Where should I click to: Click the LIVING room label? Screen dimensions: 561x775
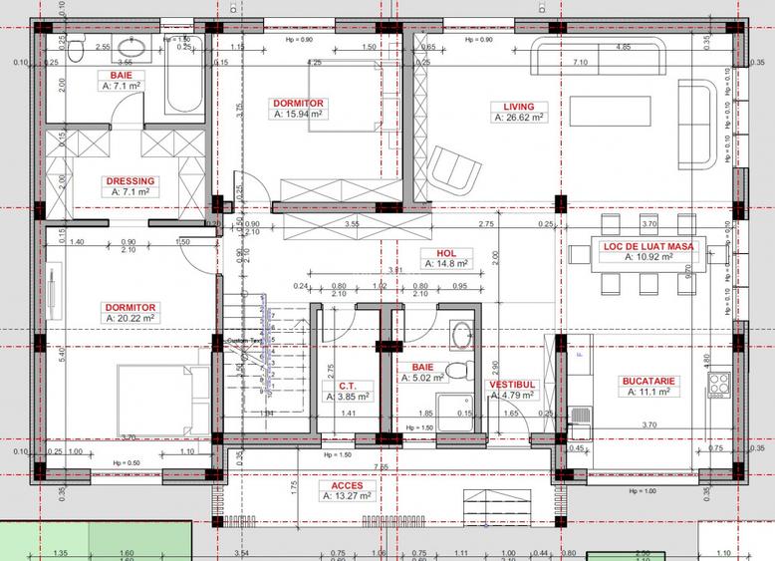tap(517, 106)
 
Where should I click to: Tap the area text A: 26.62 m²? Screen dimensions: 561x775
tap(517, 118)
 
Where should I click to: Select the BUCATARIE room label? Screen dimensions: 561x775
tap(648, 381)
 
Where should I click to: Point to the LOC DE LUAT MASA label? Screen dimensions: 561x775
tap(648, 245)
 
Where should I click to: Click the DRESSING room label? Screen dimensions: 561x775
tap(129, 180)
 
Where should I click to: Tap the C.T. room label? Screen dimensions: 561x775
tap(347, 384)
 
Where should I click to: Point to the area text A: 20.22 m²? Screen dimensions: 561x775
tap(130, 318)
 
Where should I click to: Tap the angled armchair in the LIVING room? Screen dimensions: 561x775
tap(452, 170)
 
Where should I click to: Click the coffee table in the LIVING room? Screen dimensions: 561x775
tap(609, 110)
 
